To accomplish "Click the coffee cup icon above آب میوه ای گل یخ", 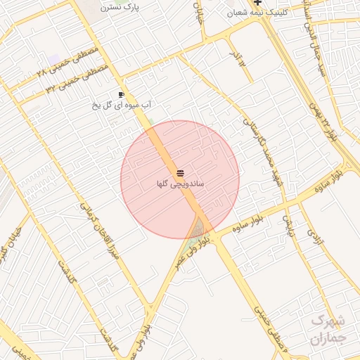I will tap(122, 94).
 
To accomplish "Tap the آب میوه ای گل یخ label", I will tap(122, 105).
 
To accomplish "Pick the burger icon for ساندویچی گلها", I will tap(180, 172).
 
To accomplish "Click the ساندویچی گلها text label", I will tap(180, 183).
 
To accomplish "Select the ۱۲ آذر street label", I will tap(239, 56).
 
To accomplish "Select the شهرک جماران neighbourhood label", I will tap(328, 329).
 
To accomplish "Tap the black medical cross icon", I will tap(258, 4).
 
